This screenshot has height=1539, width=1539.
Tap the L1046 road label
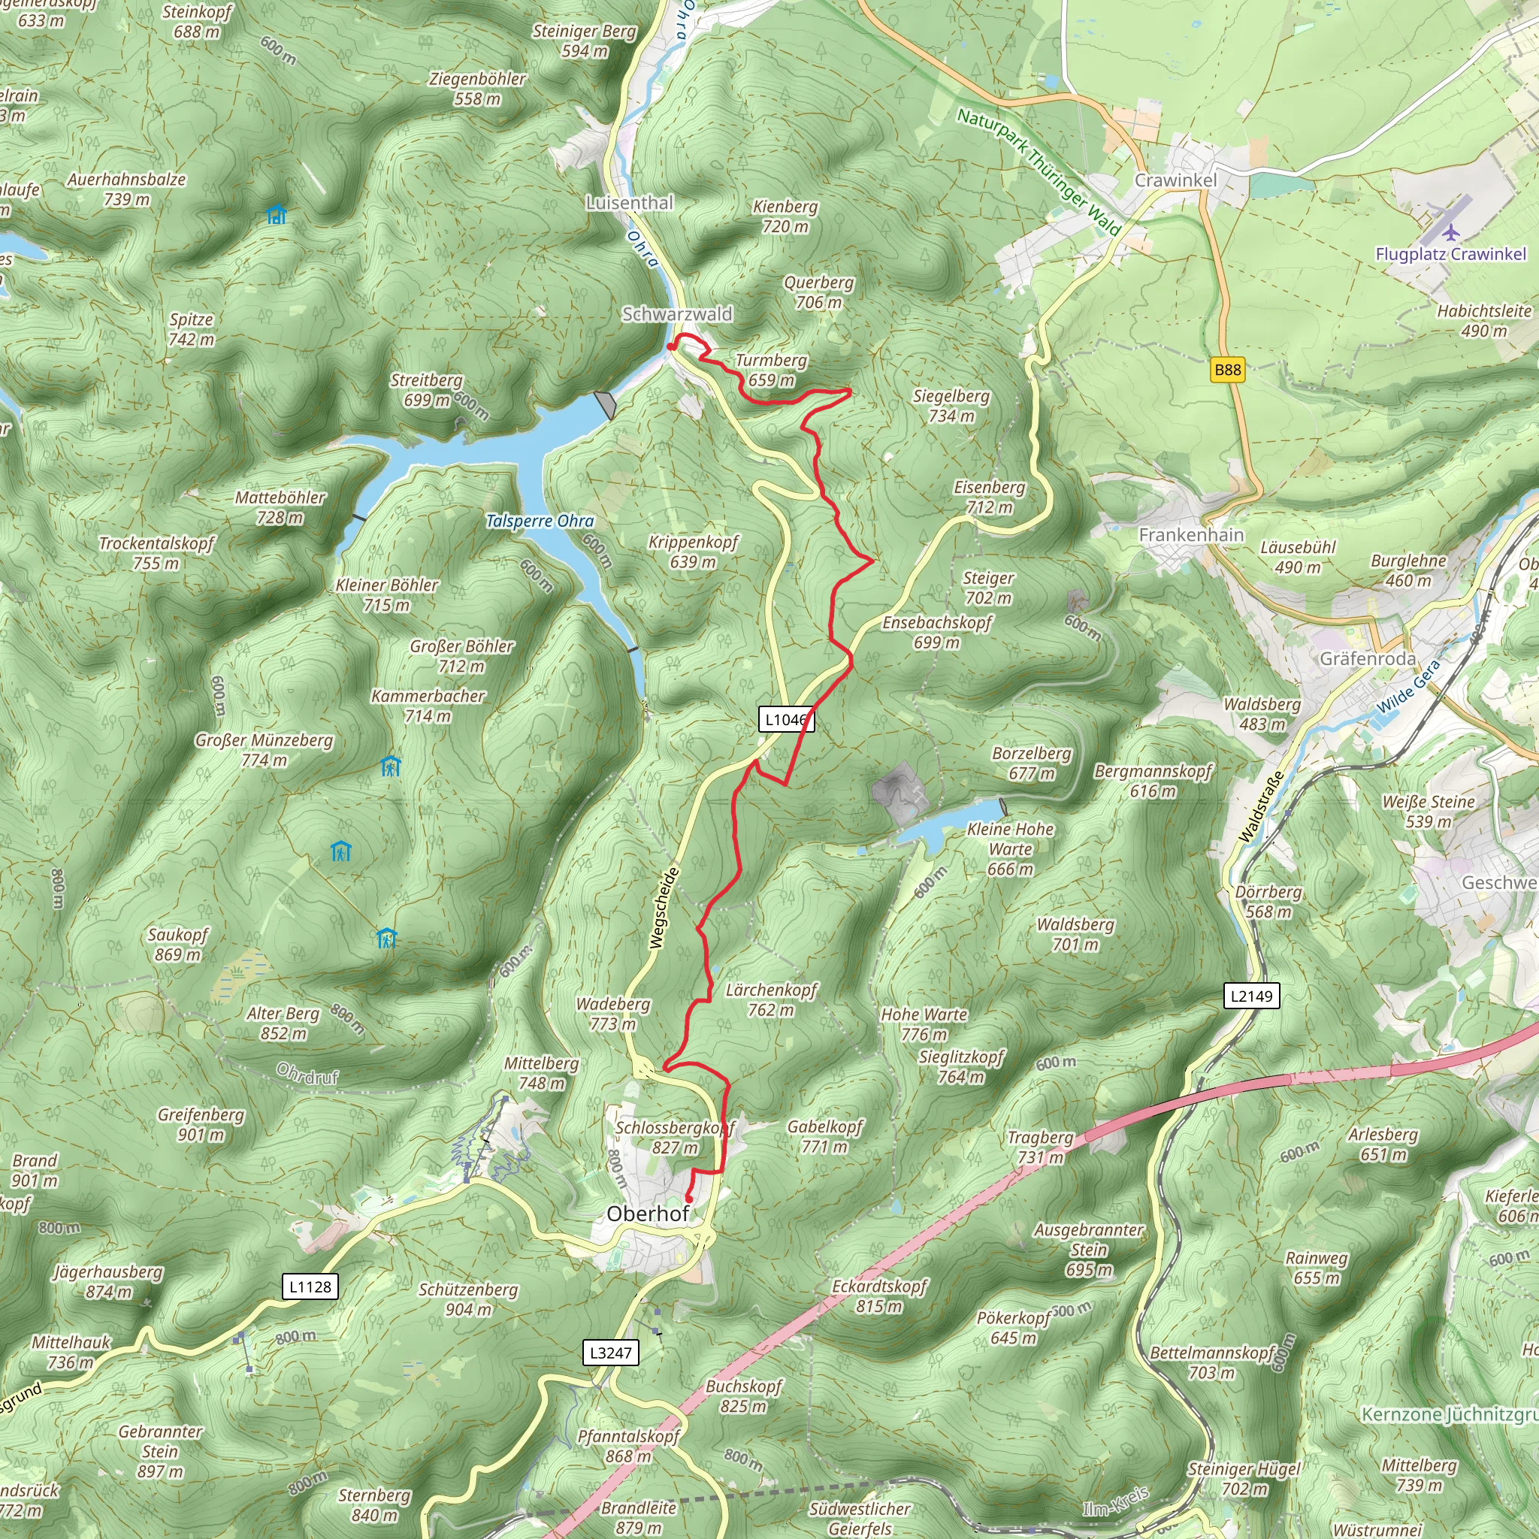click(x=785, y=719)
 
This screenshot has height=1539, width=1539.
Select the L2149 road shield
click(x=1251, y=996)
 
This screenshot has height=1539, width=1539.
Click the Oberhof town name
click(x=648, y=1214)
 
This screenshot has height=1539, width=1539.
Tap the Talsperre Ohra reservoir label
click(x=540, y=521)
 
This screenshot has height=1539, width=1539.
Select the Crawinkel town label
click(x=1176, y=181)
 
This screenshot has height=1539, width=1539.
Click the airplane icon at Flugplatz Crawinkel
click(x=1451, y=233)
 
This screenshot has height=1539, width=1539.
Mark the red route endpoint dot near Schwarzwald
click(x=672, y=346)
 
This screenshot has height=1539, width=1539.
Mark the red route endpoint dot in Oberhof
click(x=689, y=1198)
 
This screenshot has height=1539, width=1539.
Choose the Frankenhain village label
click(x=1191, y=535)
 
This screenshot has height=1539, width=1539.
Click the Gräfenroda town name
click(x=1368, y=659)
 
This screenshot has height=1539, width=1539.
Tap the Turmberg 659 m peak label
click(x=771, y=370)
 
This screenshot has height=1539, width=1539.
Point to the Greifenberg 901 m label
click(x=201, y=1124)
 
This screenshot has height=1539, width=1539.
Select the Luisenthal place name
click(x=629, y=203)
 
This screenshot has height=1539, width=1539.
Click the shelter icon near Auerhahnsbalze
click(x=277, y=215)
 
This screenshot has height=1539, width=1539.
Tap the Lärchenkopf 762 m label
click(x=771, y=999)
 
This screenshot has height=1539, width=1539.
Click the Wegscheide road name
click(x=664, y=908)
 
